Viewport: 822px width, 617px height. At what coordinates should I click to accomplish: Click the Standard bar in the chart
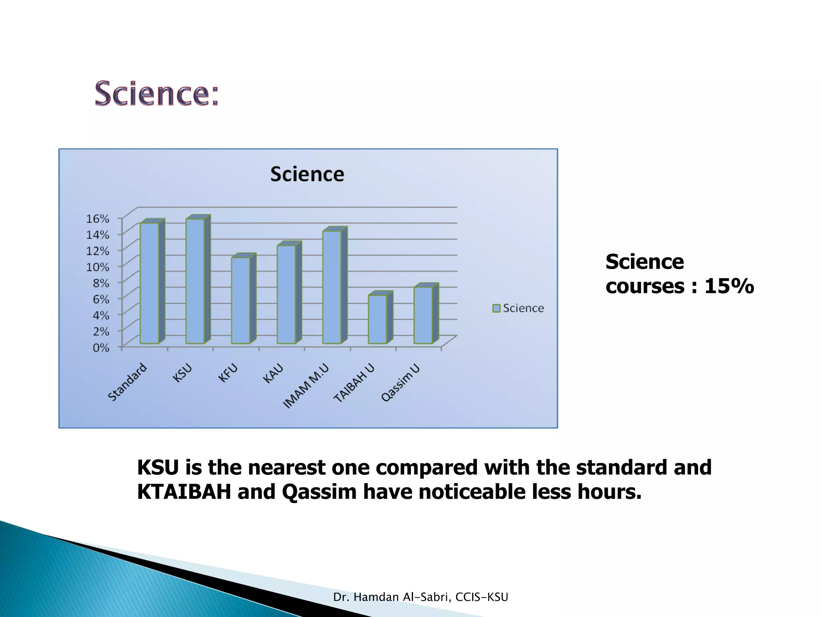pos(149,283)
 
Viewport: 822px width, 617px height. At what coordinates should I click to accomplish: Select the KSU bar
pos(195,281)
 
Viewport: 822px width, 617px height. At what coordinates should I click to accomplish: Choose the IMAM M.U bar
pos(332,287)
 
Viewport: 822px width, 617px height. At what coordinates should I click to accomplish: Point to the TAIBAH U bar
pos(378,319)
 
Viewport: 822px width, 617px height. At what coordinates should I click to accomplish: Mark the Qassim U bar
pos(423,315)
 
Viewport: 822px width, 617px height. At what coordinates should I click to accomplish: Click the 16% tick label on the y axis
pos(98,219)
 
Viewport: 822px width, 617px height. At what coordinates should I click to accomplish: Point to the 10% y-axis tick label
pos(98,267)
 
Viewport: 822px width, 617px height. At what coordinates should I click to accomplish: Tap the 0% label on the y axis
pos(101,347)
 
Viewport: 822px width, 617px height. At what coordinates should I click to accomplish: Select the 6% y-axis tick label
pos(101,299)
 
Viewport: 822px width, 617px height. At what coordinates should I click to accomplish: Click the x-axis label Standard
pos(128,382)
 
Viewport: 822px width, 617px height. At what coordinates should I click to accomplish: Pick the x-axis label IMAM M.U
pos(306,386)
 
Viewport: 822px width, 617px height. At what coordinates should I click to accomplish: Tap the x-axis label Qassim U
pos(401,382)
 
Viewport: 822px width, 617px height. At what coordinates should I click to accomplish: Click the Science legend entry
pos(519,308)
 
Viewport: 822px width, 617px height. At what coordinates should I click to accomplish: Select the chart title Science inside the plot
pos(307,174)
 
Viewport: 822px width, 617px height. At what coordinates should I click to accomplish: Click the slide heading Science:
pos(157,94)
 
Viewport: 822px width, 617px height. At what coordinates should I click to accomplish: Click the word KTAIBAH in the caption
pos(184,492)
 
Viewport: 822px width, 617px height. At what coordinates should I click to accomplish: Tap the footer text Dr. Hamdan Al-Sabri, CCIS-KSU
pos(421,597)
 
